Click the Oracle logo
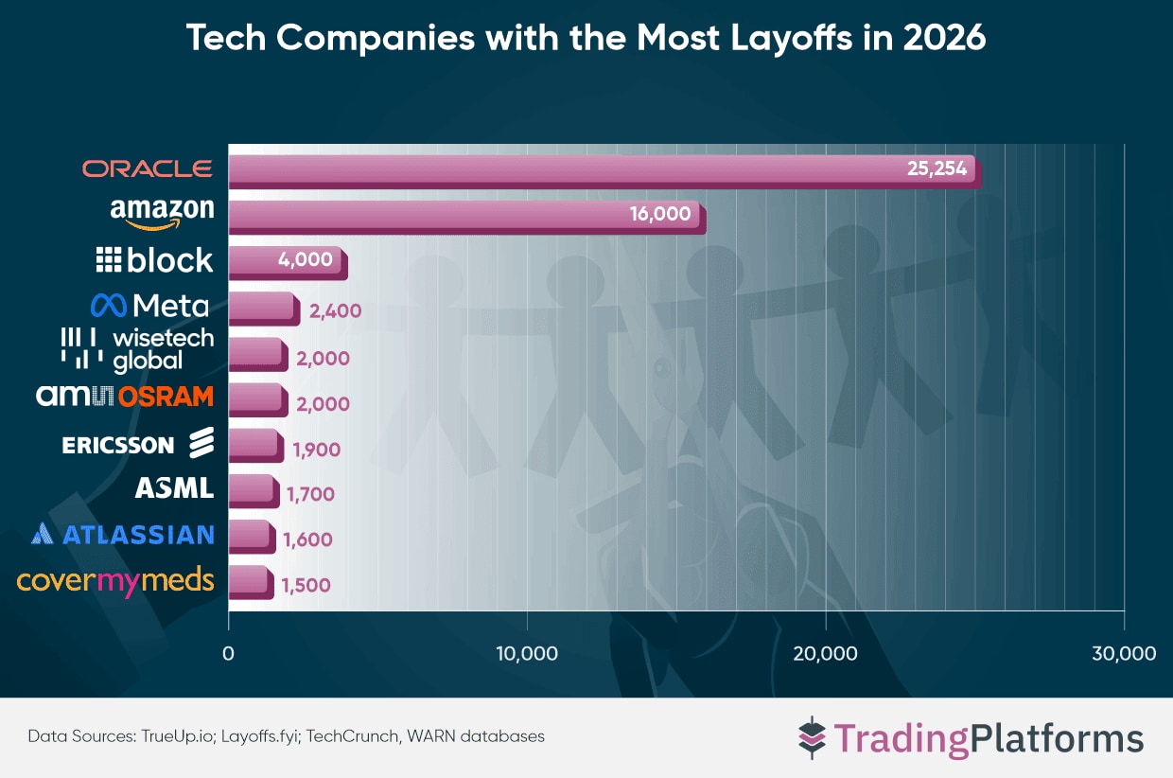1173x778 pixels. [147, 168]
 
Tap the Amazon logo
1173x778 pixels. [162, 214]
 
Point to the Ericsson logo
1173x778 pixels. [138, 444]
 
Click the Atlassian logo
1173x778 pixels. [123, 535]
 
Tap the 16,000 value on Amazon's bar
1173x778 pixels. [659, 214]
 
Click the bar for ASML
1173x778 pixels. [252, 489]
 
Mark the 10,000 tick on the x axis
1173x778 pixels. [526, 654]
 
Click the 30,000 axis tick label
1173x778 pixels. [1123, 654]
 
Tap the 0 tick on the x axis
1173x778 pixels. [228, 654]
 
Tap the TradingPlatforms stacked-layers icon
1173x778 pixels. [812, 737]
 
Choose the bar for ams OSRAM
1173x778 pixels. [256, 398]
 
